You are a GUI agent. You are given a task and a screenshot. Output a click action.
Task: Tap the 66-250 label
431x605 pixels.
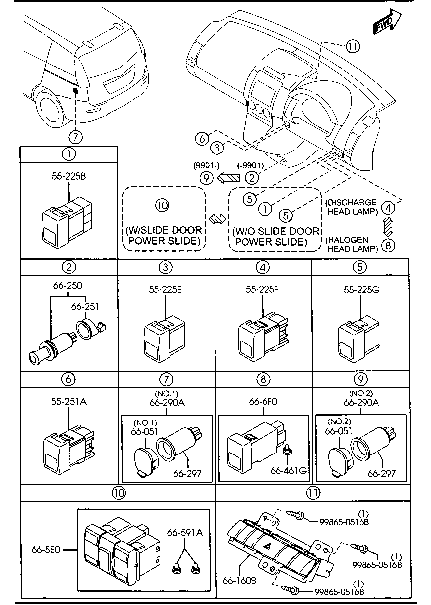[x=67, y=286]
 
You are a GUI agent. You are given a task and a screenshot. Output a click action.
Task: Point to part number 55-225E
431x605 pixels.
[x=165, y=289]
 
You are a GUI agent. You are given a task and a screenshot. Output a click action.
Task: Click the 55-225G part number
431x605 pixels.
[x=359, y=289]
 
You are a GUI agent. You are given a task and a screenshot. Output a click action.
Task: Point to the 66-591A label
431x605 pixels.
[x=185, y=532]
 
